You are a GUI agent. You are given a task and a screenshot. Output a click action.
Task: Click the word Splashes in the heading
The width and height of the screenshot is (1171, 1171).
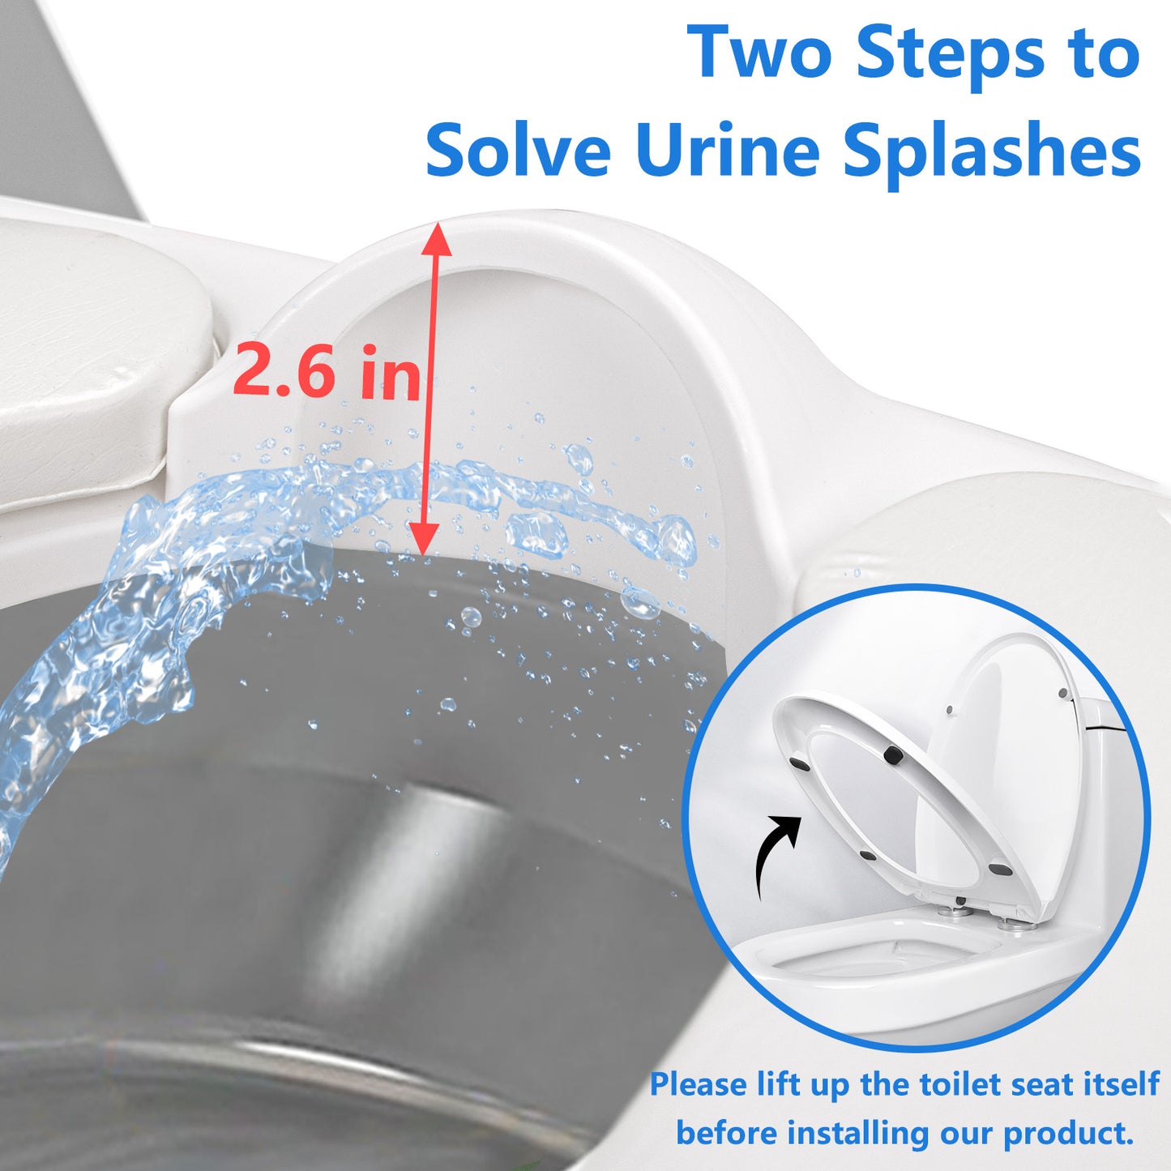tap(991, 155)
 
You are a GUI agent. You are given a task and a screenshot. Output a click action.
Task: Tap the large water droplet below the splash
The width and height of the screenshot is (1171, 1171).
tap(470, 618)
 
